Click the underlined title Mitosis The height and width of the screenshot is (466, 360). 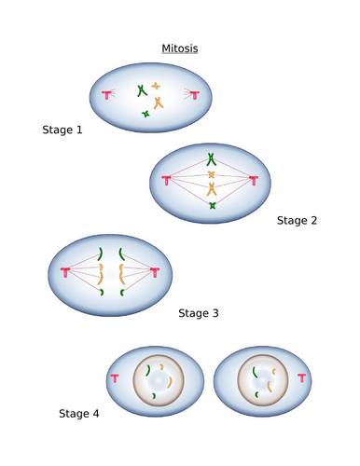coord(180,49)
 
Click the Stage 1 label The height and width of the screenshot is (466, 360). coord(62,130)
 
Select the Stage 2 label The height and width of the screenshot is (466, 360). coord(298,221)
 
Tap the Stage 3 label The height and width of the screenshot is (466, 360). coord(198,313)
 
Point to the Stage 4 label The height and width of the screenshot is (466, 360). coord(79,412)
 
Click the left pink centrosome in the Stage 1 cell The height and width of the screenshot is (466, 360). coord(109,93)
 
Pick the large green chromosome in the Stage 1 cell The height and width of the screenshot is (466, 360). coord(141,90)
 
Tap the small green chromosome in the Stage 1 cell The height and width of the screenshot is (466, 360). coord(145,114)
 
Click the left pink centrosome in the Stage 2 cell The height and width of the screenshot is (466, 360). coord(166,180)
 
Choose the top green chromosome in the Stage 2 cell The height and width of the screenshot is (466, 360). coord(212,158)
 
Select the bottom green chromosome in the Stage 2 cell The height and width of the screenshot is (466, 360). coord(212,204)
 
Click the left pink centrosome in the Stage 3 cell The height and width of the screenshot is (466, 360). coord(65,273)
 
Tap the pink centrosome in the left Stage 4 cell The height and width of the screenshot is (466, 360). coord(114,378)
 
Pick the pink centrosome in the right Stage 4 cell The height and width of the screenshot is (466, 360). coord(301,377)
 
